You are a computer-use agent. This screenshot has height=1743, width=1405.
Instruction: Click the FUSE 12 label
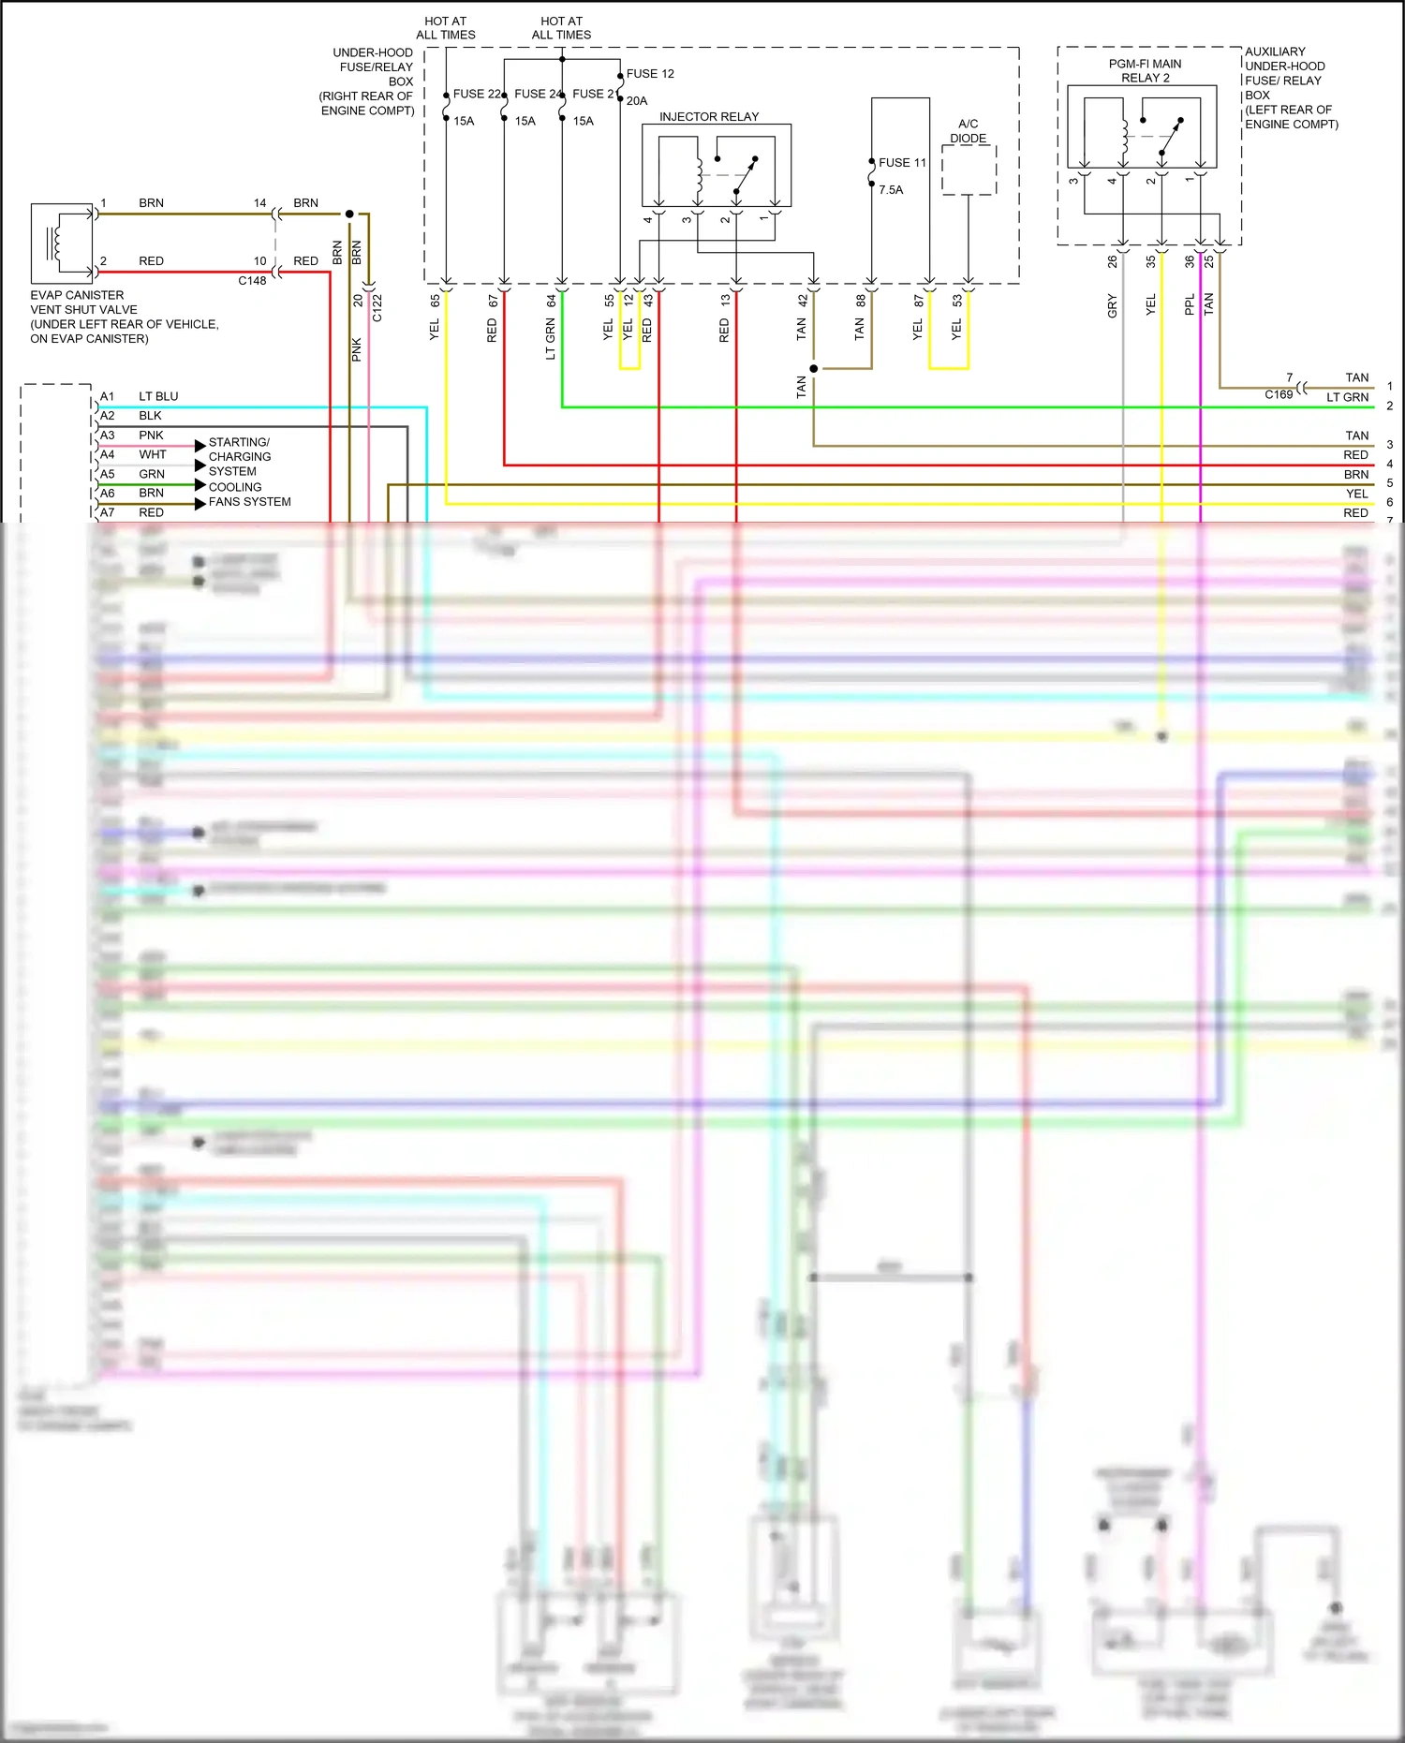point(650,74)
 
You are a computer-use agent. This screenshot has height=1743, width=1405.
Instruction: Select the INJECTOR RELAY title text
point(709,117)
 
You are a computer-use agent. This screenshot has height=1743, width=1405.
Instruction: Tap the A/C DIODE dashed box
point(969,170)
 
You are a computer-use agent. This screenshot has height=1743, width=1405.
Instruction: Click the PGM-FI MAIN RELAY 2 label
point(1145,71)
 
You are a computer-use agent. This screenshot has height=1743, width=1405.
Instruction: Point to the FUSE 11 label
point(902,163)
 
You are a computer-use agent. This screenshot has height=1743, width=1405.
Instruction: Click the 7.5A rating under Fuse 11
point(891,190)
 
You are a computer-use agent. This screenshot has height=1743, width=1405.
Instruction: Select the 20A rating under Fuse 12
point(637,101)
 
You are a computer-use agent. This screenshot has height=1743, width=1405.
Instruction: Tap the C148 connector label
point(252,281)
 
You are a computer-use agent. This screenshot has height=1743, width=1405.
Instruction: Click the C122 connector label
point(377,308)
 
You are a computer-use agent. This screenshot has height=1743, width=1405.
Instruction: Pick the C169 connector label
point(1279,395)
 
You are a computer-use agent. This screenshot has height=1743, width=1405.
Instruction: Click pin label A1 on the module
point(108,397)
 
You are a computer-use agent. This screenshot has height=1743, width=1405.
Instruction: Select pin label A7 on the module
point(108,513)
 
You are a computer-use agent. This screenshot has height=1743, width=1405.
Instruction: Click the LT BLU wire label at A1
point(158,397)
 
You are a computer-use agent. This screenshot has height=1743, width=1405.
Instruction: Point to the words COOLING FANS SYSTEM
point(249,495)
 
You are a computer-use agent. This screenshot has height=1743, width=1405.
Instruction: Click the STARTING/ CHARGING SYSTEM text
point(240,457)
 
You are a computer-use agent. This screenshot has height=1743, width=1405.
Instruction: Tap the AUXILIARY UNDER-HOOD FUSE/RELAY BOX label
point(1291,88)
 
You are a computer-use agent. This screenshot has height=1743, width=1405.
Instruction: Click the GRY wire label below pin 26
point(1113,306)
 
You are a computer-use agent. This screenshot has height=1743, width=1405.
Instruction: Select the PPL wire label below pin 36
point(1190,305)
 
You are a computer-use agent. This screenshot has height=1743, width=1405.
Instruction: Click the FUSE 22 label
point(477,95)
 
